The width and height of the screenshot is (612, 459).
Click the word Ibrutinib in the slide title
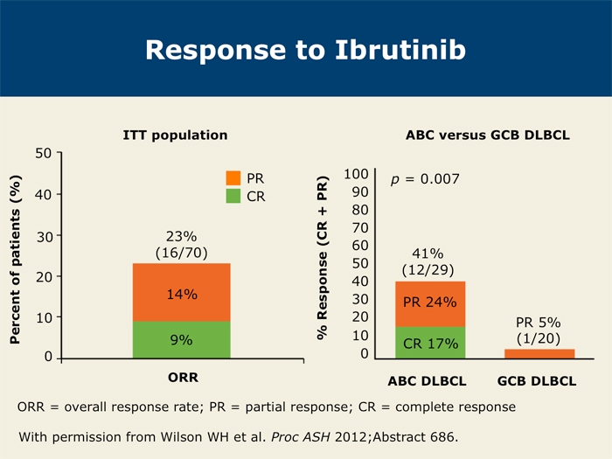click(x=400, y=50)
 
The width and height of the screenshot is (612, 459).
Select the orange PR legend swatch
click(x=233, y=178)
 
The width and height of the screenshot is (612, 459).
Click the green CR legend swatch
click(x=233, y=196)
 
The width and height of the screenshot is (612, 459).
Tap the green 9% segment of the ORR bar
click(x=182, y=339)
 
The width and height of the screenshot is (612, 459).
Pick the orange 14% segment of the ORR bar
click(x=182, y=292)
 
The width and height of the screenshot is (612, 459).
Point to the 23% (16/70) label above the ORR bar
click(x=182, y=245)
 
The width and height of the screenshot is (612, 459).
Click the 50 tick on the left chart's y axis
click(x=44, y=153)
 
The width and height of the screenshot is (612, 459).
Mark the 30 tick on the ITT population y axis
click(x=44, y=236)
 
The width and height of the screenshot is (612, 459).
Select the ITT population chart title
click(x=175, y=135)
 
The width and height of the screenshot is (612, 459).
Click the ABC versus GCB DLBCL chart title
click(x=488, y=135)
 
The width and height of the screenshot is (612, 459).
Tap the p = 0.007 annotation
click(x=425, y=179)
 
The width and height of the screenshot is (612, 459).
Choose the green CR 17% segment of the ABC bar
click(x=430, y=343)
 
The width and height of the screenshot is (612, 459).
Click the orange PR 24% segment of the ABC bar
click(x=430, y=304)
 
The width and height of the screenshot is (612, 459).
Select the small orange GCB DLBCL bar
click(x=539, y=353)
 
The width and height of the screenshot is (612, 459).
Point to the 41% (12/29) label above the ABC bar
click(x=428, y=262)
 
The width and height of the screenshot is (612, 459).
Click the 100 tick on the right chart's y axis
click(x=356, y=174)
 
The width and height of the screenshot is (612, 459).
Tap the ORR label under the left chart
click(x=183, y=378)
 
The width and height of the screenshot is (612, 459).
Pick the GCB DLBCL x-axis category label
click(x=537, y=381)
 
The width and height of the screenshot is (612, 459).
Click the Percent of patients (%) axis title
click(x=15, y=260)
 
